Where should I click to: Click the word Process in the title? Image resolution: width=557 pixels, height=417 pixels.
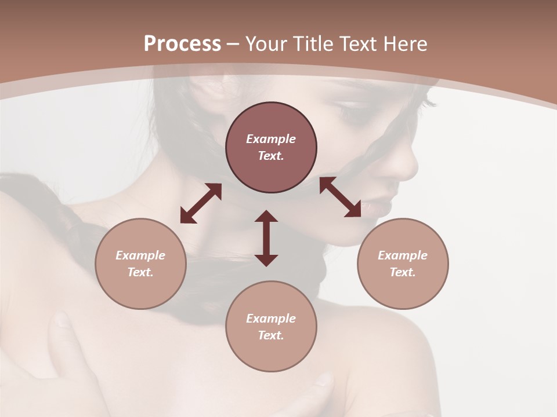pos(182,44)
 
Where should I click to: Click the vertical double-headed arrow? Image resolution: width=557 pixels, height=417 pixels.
pos(266,238)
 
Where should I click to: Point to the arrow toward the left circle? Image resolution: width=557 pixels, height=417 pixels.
pos(201,203)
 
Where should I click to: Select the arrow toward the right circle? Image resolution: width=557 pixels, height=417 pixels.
pos(340,197)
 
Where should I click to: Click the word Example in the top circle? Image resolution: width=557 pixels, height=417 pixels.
pos(271,139)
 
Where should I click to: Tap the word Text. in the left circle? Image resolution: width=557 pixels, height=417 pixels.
pos(140,272)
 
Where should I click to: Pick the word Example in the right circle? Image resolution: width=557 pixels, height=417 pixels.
pos(403,255)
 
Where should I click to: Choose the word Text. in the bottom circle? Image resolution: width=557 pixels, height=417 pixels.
pos(271,335)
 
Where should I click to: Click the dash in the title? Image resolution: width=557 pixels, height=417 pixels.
pos(233,44)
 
